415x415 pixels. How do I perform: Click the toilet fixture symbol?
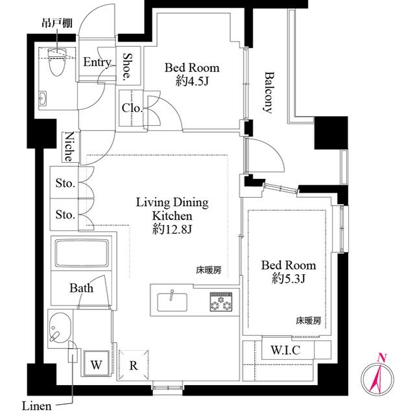pyautogui.click(x=56, y=62)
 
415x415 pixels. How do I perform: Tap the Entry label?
pyautogui.click(x=97, y=62)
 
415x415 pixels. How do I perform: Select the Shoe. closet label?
pyautogui.click(x=128, y=67)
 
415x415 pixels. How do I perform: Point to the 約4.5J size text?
pyautogui.click(x=192, y=81)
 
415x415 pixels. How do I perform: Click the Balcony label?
pyautogui.click(x=268, y=92)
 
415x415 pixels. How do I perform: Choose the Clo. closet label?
pyautogui.click(x=132, y=108)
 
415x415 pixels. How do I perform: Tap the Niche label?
pyautogui.click(x=69, y=147)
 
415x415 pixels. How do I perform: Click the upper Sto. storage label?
pyautogui.click(x=65, y=183)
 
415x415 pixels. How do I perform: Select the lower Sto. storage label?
pyautogui.click(x=65, y=214)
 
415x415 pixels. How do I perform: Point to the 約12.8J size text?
pyautogui.click(x=172, y=229)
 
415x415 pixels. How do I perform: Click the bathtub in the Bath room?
pyautogui.click(x=82, y=253)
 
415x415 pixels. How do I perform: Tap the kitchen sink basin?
pyautogui.click(x=172, y=302)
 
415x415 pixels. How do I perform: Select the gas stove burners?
pyautogui.click(x=221, y=302)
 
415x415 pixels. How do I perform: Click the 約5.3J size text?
pyautogui.click(x=289, y=278)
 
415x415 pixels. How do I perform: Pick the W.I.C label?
pyautogui.click(x=285, y=350)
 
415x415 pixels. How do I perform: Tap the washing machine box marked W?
pyautogui.click(x=97, y=363)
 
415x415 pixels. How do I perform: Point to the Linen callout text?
pyautogui.click(x=36, y=406)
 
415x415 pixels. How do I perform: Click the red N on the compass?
pyautogui.click(x=381, y=358)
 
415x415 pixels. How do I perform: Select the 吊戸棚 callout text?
pyautogui.click(x=57, y=23)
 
